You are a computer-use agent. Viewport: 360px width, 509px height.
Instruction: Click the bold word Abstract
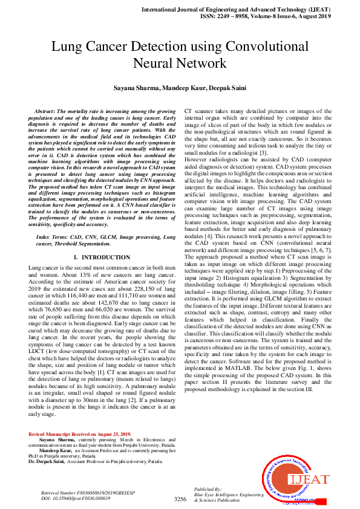44,113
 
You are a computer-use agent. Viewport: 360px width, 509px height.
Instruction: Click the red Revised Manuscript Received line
79,434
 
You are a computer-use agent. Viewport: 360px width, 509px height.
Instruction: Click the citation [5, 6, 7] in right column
319,232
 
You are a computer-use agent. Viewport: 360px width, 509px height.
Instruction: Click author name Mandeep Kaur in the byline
183,88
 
